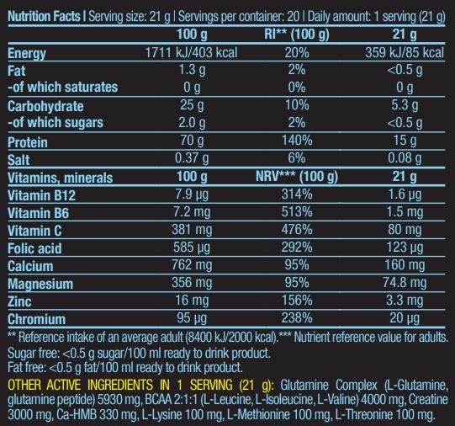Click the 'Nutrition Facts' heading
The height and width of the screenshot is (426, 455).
coord(44,16)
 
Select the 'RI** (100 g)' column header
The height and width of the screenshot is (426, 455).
coord(297,35)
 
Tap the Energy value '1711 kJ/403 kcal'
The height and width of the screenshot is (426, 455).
coord(191,52)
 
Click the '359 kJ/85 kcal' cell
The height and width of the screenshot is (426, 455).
coord(405,52)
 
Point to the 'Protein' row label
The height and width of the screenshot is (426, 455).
coord(27,142)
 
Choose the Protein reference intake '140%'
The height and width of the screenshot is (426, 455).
coord(297,141)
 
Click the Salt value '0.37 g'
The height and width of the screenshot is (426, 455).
coord(192,158)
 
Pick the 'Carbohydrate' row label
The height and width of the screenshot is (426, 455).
coord(45,106)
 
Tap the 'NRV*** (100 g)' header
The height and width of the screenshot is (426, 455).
coord(297,176)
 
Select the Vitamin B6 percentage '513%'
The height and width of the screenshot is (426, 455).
coord(297,211)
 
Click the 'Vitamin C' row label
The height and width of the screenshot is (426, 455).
coord(34,231)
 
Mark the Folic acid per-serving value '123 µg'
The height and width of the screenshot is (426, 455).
coord(405,248)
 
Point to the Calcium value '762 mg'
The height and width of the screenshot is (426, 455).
coord(192,265)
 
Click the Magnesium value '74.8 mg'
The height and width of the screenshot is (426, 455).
coord(405,283)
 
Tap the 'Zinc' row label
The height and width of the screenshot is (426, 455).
coord(19,301)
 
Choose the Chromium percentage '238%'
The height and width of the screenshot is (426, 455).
coord(297,318)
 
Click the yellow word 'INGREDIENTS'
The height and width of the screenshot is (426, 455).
coord(120,385)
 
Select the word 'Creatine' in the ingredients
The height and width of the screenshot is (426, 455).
coord(428,400)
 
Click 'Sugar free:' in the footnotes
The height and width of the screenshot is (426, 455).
coord(33,354)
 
